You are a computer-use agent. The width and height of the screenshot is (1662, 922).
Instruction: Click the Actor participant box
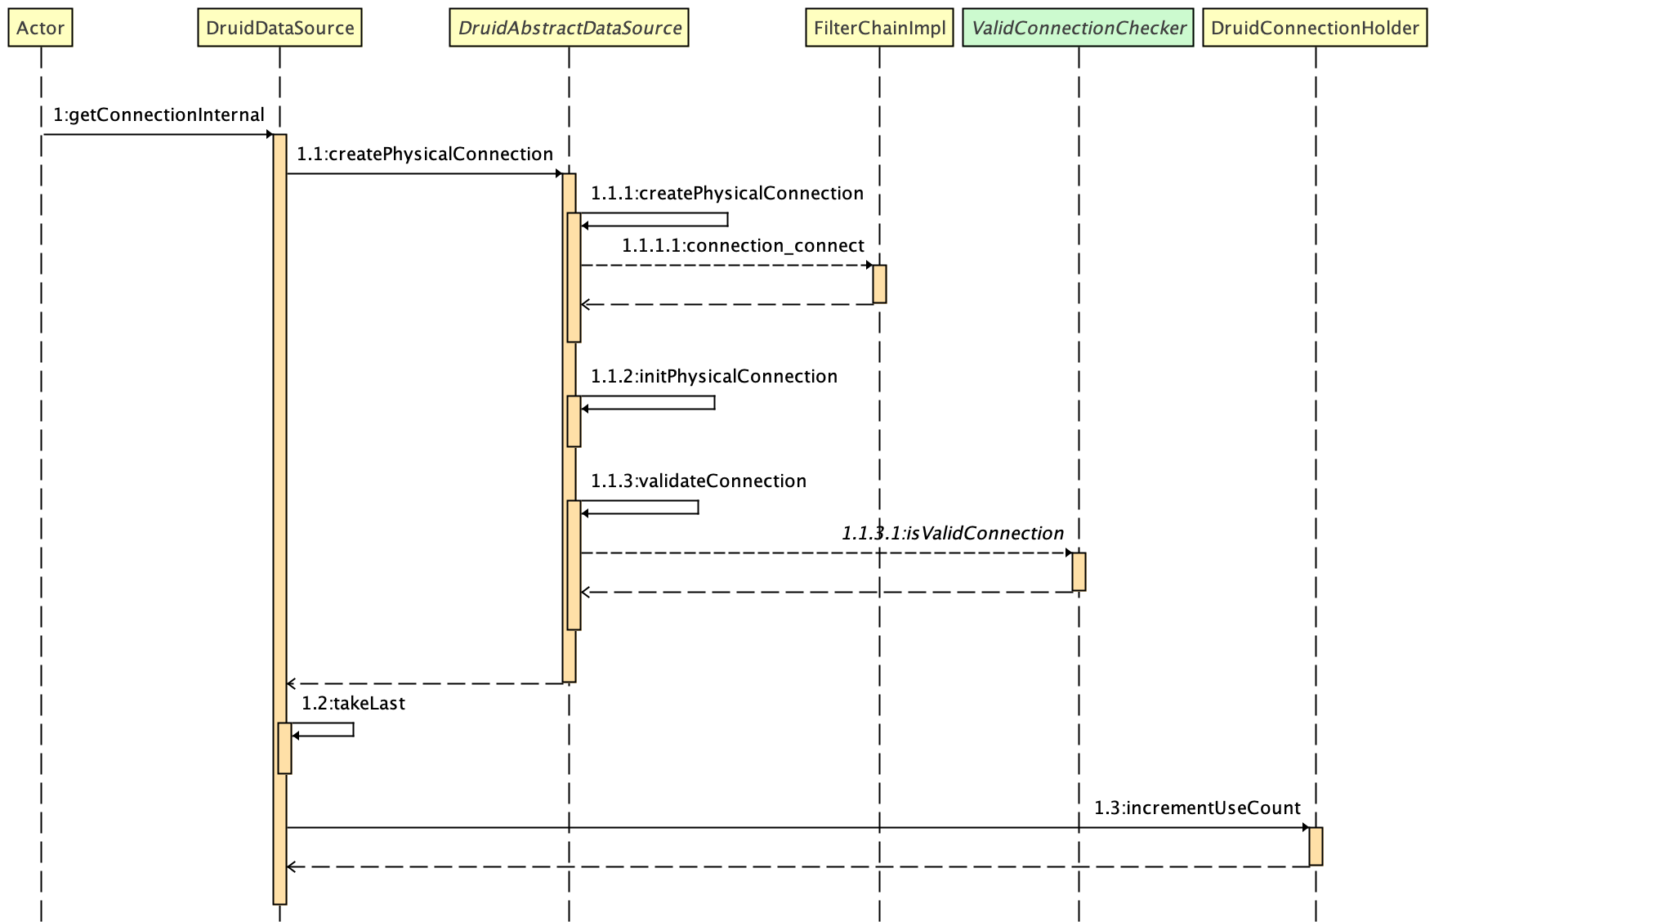(x=40, y=28)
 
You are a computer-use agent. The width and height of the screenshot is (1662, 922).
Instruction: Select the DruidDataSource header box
(x=279, y=28)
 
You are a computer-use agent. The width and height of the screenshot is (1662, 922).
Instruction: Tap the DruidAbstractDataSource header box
(x=569, y=28)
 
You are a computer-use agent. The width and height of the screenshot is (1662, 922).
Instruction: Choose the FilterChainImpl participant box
(x=879, y=28)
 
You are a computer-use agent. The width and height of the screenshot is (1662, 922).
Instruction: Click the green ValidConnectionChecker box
(x=1078, y=28)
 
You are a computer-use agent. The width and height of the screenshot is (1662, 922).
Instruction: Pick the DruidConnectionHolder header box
(x=1315, y=28)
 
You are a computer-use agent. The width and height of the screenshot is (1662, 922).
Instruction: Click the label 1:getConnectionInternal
(x=159, y=115)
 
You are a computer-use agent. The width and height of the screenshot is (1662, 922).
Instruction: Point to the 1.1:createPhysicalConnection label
(x=424, y=154)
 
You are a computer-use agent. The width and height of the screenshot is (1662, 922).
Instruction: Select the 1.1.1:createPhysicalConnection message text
(x=726, y=194)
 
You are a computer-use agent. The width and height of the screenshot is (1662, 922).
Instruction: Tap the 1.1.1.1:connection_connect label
(x=743, y=246)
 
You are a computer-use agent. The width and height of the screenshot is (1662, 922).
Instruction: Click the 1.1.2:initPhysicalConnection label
(x=713, y=377)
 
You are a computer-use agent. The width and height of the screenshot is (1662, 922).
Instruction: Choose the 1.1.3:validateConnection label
(x=698, y=481)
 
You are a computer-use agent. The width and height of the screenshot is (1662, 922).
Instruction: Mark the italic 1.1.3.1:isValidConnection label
(x=952, y=534)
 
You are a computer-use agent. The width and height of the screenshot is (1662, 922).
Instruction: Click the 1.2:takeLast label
(x=353, y=704)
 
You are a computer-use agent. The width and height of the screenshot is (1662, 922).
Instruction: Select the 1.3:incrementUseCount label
(x=1197, y=808)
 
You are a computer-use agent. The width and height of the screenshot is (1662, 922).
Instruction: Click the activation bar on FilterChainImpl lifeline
(x=879, y=284)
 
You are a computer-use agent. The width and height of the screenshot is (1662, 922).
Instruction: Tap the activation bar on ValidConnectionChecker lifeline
(x=1079, y=571)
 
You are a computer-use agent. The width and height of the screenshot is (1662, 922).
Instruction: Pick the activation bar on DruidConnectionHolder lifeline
(x=1316, y=846)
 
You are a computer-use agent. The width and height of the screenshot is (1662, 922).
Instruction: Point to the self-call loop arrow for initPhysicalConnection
(x=713, y=402)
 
